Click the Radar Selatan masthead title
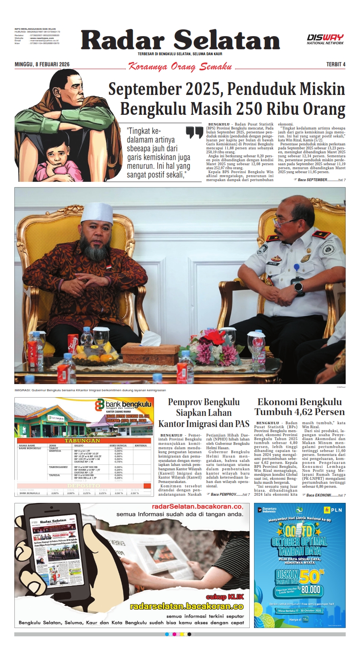tap(181, 41)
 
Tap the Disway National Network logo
tap(325, 39)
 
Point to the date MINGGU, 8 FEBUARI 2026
tap(42, 64)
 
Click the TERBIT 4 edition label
tap(336, 64)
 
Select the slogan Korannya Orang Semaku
tap(180, 66)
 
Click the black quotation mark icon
tap(194, 132)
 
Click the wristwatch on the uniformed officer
tap(298, 287)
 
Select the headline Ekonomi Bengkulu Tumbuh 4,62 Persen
tap(300, 407)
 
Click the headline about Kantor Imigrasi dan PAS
tap(204, 413)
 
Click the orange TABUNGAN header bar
tap(83, 440)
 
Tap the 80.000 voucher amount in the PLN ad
tap(310, 589)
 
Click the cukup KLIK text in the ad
tap(225, 597)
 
